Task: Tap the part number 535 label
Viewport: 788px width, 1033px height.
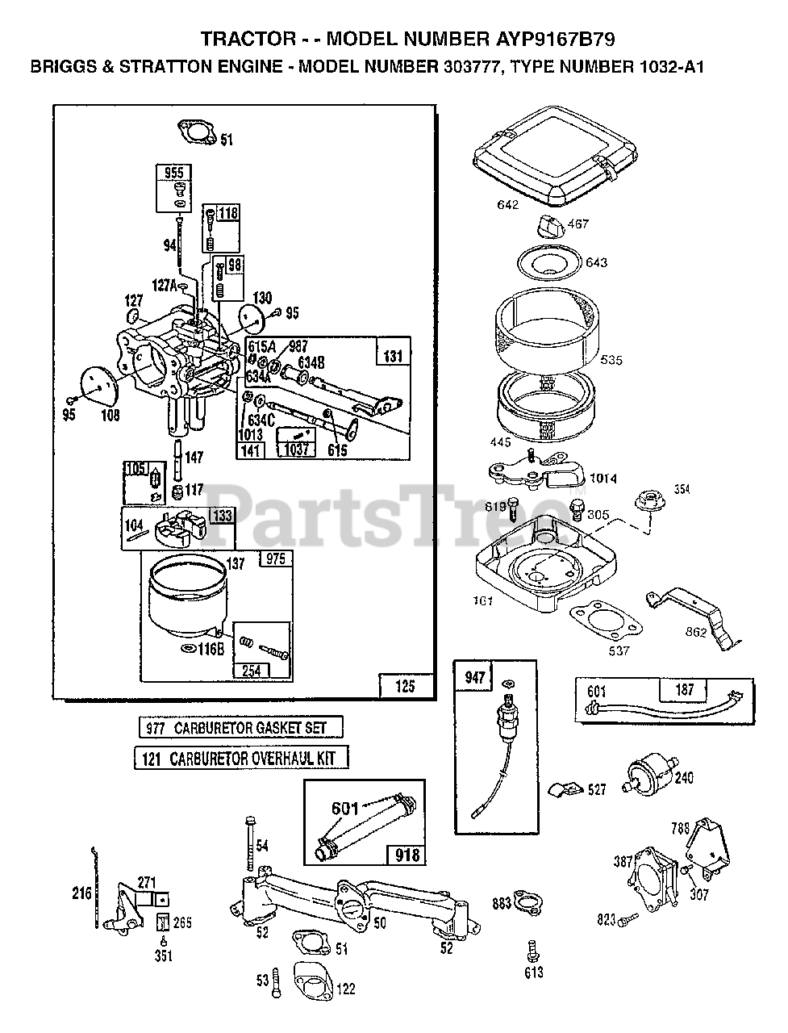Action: point(611,360)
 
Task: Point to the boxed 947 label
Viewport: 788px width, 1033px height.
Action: point(475,676)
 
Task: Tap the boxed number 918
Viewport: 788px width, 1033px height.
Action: point(407,852)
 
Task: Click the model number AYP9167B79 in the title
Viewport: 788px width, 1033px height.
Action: point(557,38)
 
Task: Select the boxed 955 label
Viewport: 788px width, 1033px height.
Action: point(173,173)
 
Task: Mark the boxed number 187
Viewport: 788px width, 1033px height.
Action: point(684,690)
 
